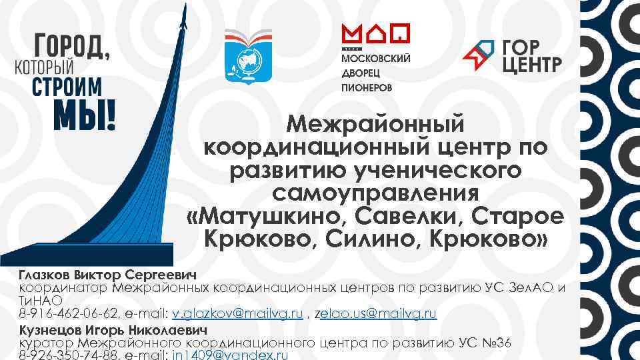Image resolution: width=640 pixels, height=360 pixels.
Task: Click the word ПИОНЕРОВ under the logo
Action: pyautogui.click(x=367, y=87)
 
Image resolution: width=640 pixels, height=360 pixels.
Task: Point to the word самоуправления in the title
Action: pyautogui.click(x=375, y=193)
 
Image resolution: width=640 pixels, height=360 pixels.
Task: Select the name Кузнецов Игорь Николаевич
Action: pyautogui.click(x=113, y=330)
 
